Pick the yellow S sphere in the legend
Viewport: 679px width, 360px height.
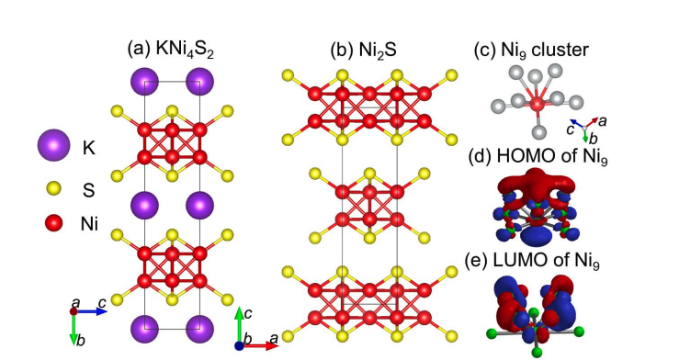click(54, 188)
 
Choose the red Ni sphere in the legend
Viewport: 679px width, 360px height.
click(54, 221)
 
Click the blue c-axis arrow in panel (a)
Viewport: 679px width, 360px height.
click(94, 312)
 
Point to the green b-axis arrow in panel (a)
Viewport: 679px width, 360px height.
click(74, 327)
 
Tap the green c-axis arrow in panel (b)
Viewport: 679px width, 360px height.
click(239, 327)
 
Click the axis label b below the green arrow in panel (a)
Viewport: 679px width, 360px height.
click(82, 341)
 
